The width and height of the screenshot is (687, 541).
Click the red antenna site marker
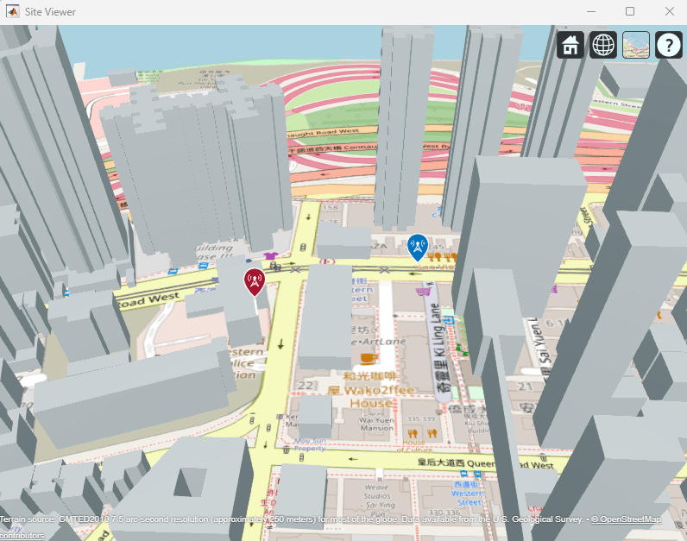pyautogui.click(x=254, y=280)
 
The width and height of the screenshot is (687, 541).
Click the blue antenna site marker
pyautogui.click(x=417, y=247)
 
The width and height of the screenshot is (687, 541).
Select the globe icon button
pyautogui.click(x=603, y=45)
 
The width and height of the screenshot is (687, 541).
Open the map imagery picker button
pyautogui.click(x=636, y=45)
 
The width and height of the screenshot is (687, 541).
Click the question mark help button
pyautogui.click(x=669, y=45)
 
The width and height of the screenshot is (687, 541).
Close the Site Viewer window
pyautogui.click(x=669, y=11)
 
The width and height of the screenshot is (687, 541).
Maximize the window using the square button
pyautogui.click(x=630, y=11)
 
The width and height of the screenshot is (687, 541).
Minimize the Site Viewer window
pyautogui.click(x=591, y=11)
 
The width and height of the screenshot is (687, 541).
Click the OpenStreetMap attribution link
pyautogui.click(x=626, y=519)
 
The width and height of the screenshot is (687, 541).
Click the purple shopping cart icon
pyautogui.click(x=424, y=293)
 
